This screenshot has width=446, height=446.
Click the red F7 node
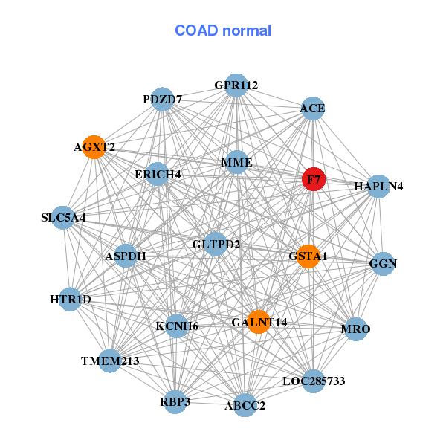tap(313, 179)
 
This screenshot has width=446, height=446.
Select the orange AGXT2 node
tap(94, 146)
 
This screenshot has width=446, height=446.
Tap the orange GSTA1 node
tap(308, 256)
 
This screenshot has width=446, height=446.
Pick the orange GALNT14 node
tap(258, 322)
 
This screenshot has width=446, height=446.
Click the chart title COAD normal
tap(223, 31)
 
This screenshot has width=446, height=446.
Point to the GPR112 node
tap(236, 85)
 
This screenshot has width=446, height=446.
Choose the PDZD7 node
tap(162, 100)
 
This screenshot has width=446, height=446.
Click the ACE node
tap(312, 109)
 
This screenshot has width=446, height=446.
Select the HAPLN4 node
tap(378, 186)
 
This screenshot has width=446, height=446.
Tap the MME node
tap(236, 162)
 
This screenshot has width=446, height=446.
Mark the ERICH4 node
tap(158, 174)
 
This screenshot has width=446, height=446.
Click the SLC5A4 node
tap(63, 218)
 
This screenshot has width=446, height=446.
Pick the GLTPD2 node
tap(216, 244)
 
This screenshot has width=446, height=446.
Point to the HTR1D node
tap(70, 300)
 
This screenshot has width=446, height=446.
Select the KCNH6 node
tap(176, 326)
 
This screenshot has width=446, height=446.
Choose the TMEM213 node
tap(110, 361)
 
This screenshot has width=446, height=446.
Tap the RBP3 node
tap(175, 402)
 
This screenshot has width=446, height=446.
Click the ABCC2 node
tap(245, 405)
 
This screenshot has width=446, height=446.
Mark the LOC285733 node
tap(314, 381)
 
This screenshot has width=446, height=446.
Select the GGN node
tap(383, 263)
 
